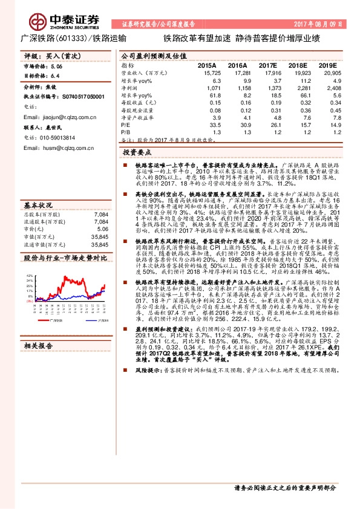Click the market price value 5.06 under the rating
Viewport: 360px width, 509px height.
[57, 66]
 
